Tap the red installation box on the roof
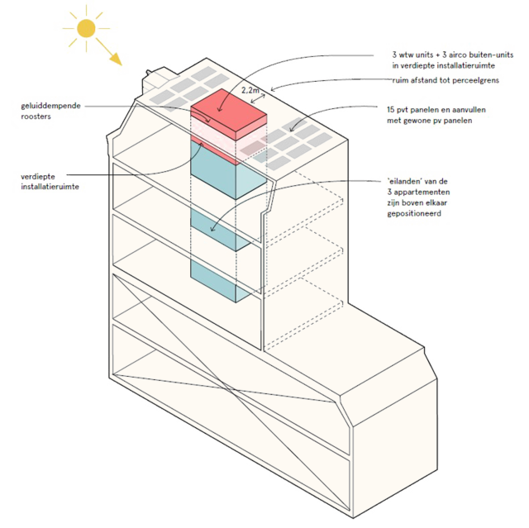(x=228, y=117)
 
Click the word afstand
(x=422, y=81)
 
